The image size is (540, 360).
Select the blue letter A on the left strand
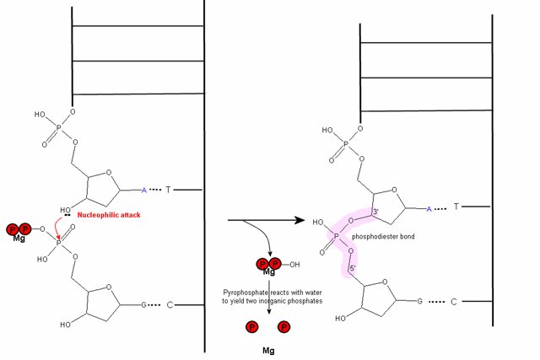pyautogui.click(x=143, y=191)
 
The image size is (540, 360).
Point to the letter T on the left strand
pyautogui.click(x=167, y=191)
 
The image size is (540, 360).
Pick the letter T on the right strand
pyautogui.click(x=456, y=206)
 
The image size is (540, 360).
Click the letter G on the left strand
pyautogui.click(x=143, y=302)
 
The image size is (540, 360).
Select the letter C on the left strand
pyautogui.click(x=170, y=302)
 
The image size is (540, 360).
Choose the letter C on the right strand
pyautogui.click(x=455, y=301)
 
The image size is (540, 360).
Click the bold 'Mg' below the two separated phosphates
pyautogui.click(x=268, y=346)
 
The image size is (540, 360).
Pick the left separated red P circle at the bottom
pyautogui.click(x=252, y=326)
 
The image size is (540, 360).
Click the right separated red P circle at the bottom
pyautogui.click(x=284, y=326)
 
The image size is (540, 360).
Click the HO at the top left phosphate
pyautogui.click(x=40, y=112)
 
